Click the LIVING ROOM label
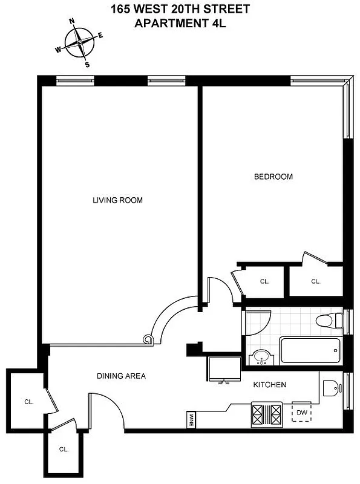117,200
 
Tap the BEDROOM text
273,177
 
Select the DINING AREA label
121,376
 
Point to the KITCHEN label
269,385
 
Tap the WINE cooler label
191,419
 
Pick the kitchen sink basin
329,387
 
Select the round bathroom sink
261,358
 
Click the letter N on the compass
72,21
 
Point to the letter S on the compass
87,64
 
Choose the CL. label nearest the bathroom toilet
315,281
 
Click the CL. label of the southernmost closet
64,450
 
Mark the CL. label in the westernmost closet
28,401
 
